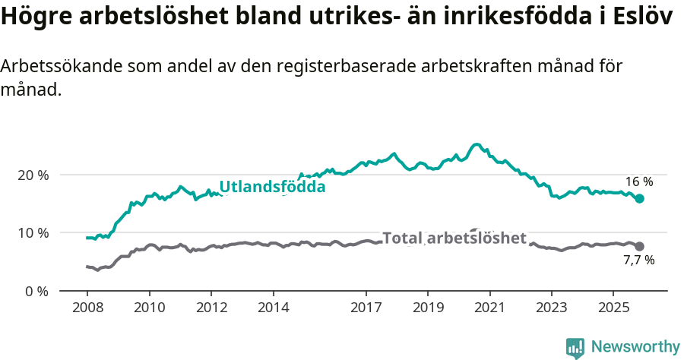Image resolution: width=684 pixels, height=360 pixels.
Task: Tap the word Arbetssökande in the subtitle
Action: click(52, 66)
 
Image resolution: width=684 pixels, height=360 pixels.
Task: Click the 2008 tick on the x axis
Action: click(87, 308)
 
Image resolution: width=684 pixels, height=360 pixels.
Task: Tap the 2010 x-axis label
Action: click(149, 308)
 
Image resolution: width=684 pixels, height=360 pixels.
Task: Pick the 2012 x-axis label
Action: click(211, 308)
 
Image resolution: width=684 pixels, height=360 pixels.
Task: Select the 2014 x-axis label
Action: click(273, 308)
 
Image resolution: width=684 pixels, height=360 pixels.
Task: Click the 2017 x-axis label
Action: click(366, 308)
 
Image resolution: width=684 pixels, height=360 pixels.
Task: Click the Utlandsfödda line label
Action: click(272, 187)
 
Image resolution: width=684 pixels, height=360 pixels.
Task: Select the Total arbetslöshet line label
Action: click(454, 238)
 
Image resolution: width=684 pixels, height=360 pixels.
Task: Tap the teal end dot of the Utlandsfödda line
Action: click(640, 198)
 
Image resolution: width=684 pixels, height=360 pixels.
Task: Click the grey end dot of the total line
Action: click(640, 246)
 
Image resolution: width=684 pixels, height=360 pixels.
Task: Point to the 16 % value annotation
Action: click(639, 182)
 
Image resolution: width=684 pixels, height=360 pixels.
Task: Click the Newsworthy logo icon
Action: click(575, 348)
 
